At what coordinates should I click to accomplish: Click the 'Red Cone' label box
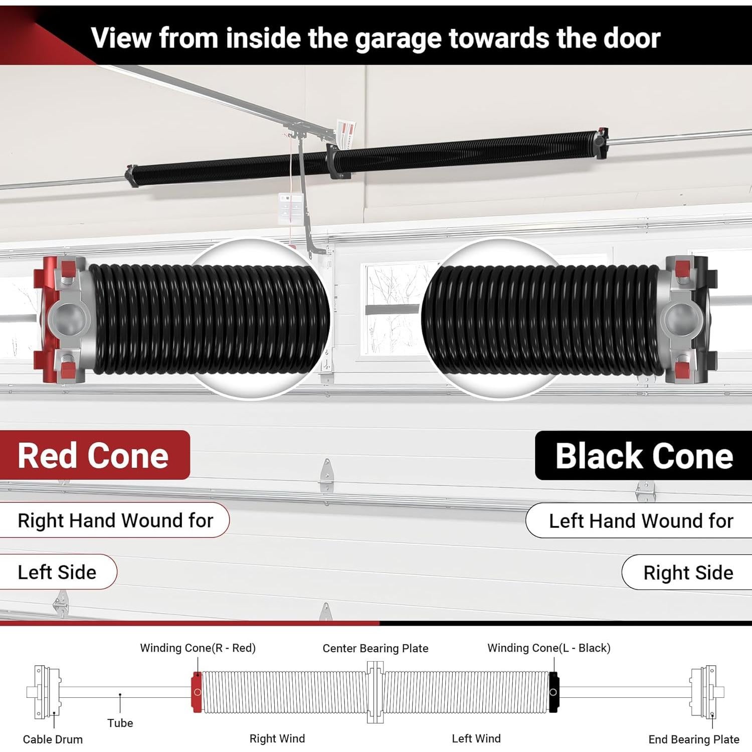[94, 455]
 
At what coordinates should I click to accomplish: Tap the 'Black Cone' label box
[644, 456]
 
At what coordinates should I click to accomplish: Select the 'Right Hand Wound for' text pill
[115, 520]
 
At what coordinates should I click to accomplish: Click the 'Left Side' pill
[57, 572]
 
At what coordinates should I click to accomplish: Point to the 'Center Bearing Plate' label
[375, 648]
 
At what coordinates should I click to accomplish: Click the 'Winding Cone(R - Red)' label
[198, 648]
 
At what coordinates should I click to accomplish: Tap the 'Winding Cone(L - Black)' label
[549, 648]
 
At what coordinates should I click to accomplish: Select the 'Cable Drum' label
[53, 739]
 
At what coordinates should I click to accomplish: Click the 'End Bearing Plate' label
[693, 739]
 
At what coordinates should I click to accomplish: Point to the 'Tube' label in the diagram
[120, 723]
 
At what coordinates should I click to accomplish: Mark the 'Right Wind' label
[277, 738]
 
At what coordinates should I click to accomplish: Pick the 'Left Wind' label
[476, 738]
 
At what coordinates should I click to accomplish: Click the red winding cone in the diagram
[197, 692]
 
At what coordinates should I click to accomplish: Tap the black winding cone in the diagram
[553, 692]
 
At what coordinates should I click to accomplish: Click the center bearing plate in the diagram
[375, 692]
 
